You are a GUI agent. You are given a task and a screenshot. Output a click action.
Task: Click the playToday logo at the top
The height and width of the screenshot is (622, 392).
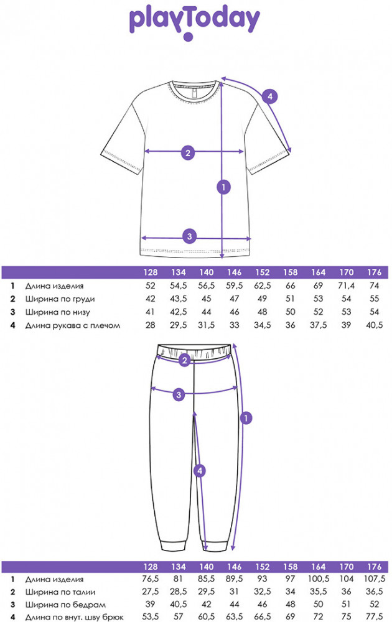pyautogui.click(x=194, y=21)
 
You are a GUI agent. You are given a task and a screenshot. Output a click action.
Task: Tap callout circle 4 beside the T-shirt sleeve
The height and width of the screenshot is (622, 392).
pyautogui.click(x=269, y=96)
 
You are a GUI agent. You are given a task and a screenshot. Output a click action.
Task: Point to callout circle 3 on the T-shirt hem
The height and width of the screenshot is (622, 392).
pyautogui.click(x=190, y=236)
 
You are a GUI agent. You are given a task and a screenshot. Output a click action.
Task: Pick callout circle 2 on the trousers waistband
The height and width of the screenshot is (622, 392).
pyautogui.click(x=184, y=361)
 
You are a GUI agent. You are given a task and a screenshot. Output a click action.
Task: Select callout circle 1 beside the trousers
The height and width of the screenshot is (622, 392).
pyautogui.click(x=246, y=418)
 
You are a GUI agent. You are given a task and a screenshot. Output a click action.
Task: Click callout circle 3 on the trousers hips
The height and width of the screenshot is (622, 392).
pyautogui.click(x=179, y=394)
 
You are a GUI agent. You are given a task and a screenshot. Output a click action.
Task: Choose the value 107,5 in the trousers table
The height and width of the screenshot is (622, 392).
pyautogui.click(x=374, y=578)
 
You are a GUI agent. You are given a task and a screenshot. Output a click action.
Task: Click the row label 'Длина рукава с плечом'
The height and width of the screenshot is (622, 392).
pyautogui.click(x=72, y=325)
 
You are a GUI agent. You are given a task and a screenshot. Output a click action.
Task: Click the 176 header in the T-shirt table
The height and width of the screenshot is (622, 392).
pyautogui.click(x=374, y=272)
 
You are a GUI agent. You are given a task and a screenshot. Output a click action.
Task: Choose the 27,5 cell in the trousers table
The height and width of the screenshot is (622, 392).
pyautogui.click(x=151, y=592)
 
